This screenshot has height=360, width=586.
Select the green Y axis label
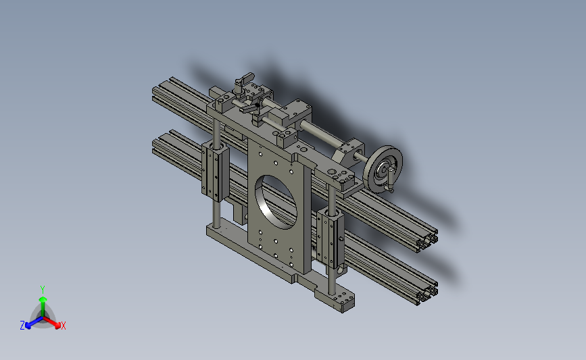click(42, 288)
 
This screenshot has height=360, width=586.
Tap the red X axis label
click(64, 326)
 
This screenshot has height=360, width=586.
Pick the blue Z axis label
click(22, 326)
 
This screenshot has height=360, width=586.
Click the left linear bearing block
click(214, 170)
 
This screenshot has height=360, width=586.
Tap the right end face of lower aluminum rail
click(427, 292)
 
